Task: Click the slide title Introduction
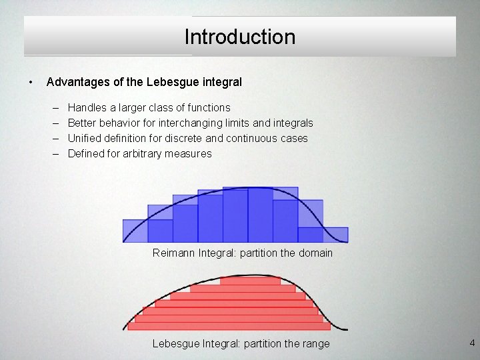pos(240,37)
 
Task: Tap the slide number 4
pos(472,343)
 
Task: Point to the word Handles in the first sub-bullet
pos(87,107)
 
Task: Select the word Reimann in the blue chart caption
pos(174,253)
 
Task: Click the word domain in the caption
pos(314,253)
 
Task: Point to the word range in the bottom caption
pos(314,343)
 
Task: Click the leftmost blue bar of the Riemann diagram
pos(135,231)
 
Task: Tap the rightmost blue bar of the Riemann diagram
pos(335,235)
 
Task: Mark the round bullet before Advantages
pos(31,83)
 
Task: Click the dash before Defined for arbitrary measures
pos(53,153)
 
